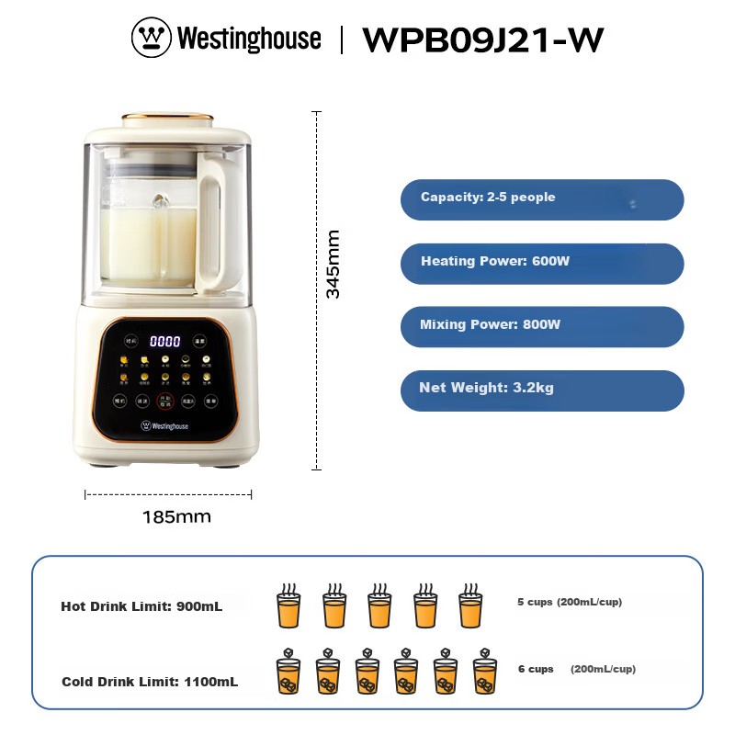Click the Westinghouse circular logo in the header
pyautogui.click(x=152, y=39)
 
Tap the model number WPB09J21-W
pyautogui.click(x=483, y=40)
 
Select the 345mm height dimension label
pyautogui.click(x=333, y=264)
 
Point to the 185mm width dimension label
pyautogui.click(x=176, y=516)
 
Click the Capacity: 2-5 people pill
pyautogui.click(x=542, y=199)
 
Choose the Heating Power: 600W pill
pyautogui.click(x=542, y=263)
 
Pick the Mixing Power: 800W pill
pyautogui.click(x=542, y=326)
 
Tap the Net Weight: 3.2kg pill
pyautogui.click(x=542, y=390)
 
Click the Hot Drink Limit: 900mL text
pyautogui.click(x=141, y=606)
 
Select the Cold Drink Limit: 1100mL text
pyautogui.click(x=150, y=682)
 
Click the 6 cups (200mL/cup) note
pyautogui.click(x=576, y=669)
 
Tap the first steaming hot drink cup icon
pyautogui.click(x=288, y=606)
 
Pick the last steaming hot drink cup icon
pyautogui.click(x=470, y=606)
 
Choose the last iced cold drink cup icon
pyautogui.click(x=484, y=673)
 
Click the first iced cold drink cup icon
pyautogui.click(x=288, y=673)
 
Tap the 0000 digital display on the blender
pyautogui.click(x=165, y=341)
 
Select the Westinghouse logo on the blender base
pyautogui.click(x=164, y=425)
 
